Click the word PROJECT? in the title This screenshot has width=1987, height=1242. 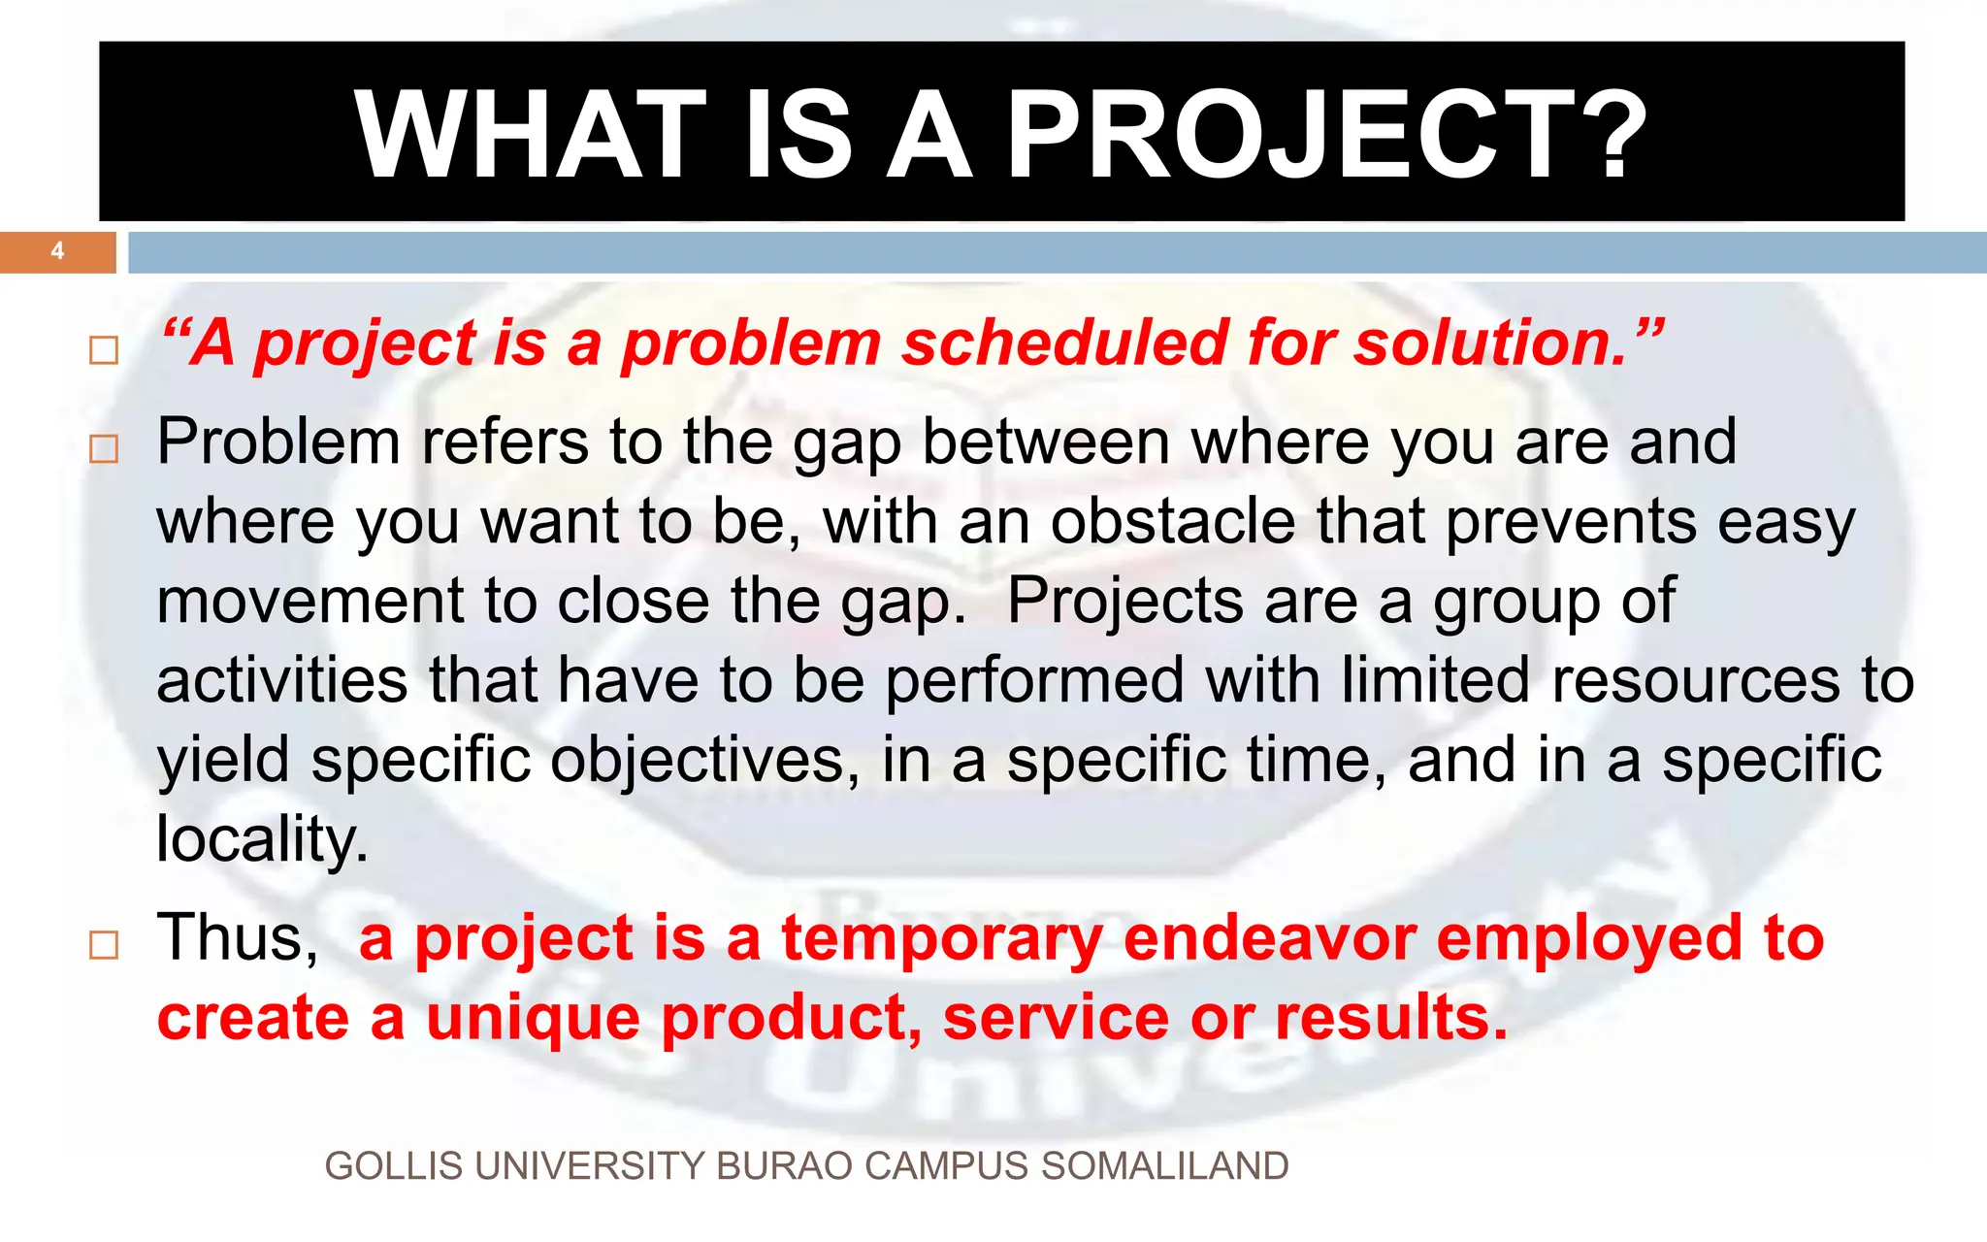(1327, 135)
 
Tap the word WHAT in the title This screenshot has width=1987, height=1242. (531, 135)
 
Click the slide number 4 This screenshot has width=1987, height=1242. (57, 251)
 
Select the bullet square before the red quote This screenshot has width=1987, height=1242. (104, 350)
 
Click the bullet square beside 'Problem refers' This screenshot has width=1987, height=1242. (104, 449)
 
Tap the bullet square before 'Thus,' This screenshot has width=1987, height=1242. (104, 945)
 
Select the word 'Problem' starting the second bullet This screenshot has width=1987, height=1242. (278, 442)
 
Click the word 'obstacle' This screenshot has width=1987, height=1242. (1172, 522)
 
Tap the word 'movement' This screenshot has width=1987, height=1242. (309, 602)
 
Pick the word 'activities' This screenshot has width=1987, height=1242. (281, 680)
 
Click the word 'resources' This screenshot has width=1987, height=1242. (1694, 680)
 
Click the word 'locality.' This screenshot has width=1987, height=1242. (262, 839)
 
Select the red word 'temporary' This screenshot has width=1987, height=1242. (942, 939)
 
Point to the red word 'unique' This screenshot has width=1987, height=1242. (533, 1019)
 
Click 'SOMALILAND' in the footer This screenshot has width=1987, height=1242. (1164, 1166)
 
